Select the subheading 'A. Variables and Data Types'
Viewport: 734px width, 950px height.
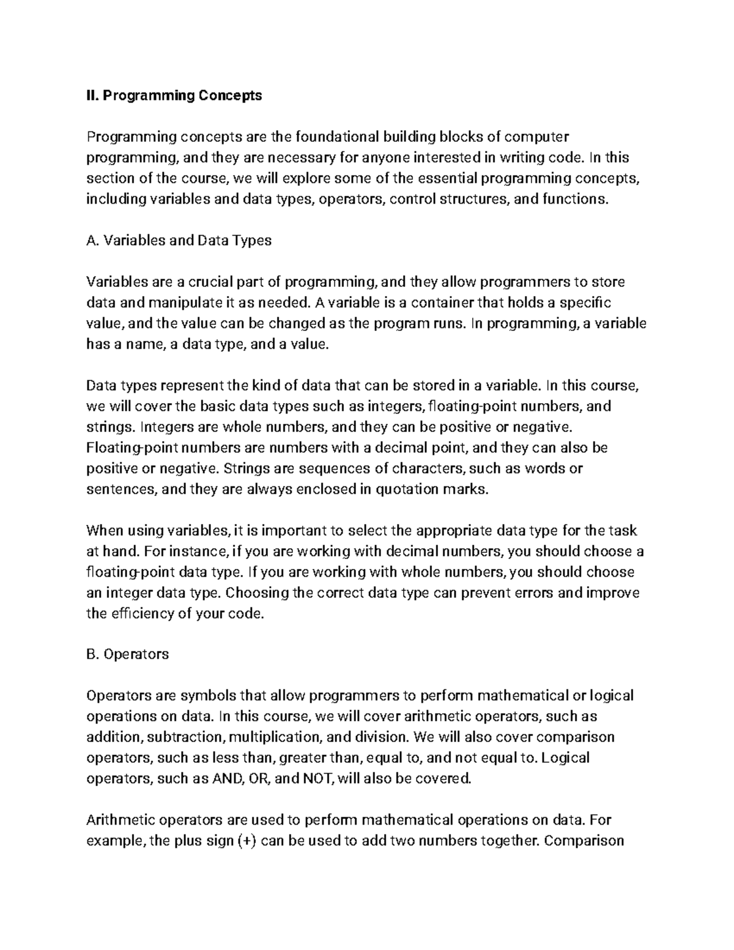pyautogui.click(x=179, y=240)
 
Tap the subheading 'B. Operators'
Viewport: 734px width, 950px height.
pyautogui.click(x=128, y=654)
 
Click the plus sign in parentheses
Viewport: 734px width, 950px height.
pyautogui.click(x=245, y=840)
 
